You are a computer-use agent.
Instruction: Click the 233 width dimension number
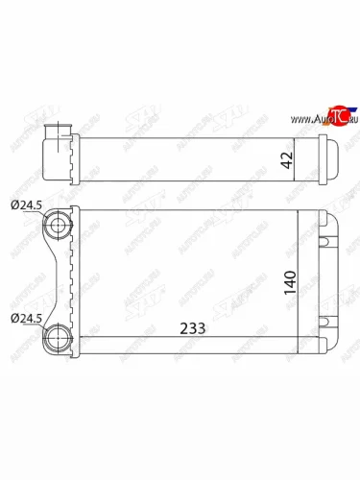point(191,327)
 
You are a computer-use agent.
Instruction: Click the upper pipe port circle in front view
point(60,227)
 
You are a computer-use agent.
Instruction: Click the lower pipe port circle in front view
point(60,337)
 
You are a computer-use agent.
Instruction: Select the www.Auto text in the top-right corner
point(304,119)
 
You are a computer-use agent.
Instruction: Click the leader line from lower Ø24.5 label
point(42,327)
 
